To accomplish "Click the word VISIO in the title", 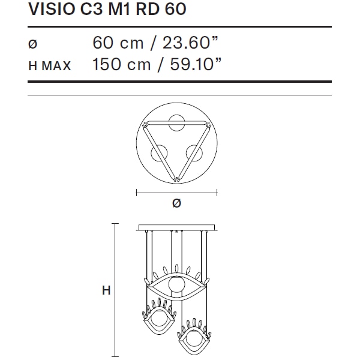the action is coord(52,9).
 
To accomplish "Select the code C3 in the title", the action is coord(91,9).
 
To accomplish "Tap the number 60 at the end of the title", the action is coord(175,9).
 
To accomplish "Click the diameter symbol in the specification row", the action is coord(32,44).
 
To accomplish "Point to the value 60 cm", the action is coord(118,43).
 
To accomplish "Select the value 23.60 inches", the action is coord(190,43).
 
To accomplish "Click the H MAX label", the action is coord(50,66).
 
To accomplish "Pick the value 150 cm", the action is coord(121,64).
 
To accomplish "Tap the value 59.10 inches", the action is coord(196,64).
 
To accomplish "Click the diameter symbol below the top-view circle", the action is coord(176,203).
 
